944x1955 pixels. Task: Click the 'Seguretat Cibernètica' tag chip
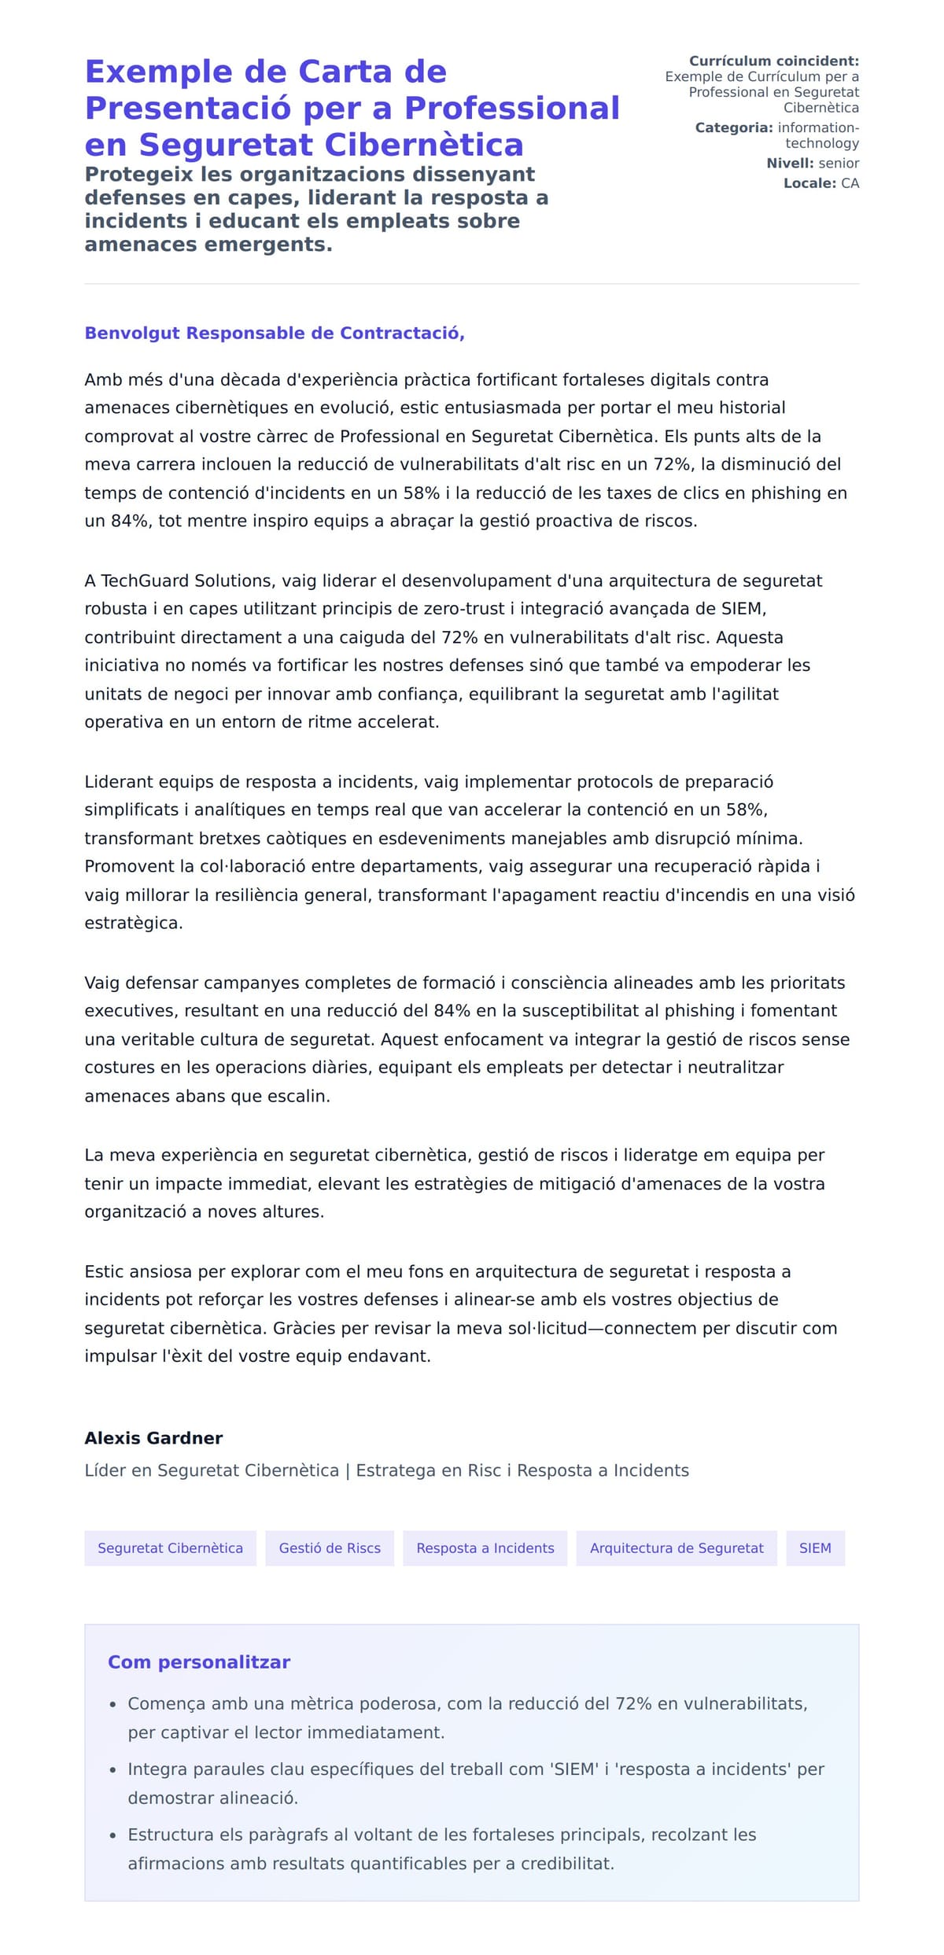pyautogui.click(x=170, y=1547)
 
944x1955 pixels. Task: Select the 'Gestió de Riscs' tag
pyautogui.click(x=330, y=1547)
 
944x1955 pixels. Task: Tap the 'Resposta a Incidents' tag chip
pyautogui.click(x=485, y=1547)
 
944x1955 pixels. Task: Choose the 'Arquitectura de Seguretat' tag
pyautogui.click(x=677, y=1547)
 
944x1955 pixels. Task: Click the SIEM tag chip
pyautogui.click(x=815, y=1547)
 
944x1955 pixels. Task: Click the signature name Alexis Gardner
pyautogui.click(x=153, y=1437)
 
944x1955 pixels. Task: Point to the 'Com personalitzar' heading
pyautogui.click(x=199, y=1662)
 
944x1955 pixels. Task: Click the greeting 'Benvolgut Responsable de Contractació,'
pyautogui.click(x=275, y=333)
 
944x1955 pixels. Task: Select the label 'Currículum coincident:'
pyautogui.click(x=774, y=61)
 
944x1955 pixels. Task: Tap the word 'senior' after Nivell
pyautogui.click(x=839, y=163)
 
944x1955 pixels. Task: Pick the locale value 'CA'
pyautogui.click(x=850, y=183)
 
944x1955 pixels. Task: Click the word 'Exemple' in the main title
pyautogui.click(x=158, y=72)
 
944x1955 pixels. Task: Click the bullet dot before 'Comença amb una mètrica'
pyautogui.click(x=112, y=1704)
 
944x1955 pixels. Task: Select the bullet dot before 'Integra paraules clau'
pyautogui.click(x=112, y=1769)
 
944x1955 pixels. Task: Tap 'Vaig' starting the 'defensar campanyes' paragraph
pyautogui.click(x=102, y=983)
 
